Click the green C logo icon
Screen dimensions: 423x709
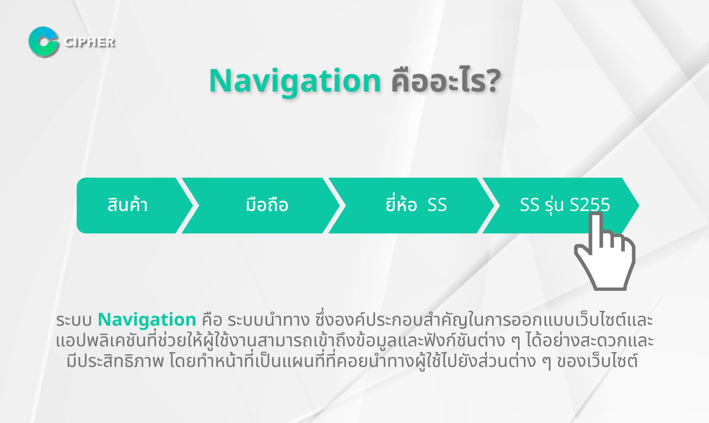point(43,42)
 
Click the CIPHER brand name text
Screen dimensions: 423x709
point(89,42)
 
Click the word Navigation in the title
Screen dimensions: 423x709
point(295,81)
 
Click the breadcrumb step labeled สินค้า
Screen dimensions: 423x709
point(128,205)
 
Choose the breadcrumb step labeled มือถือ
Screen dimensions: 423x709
point(267,205)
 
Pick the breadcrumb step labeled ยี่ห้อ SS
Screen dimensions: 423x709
point(416,205)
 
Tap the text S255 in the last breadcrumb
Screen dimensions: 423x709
point(590,205)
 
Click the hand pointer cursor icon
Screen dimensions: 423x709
point(604,254)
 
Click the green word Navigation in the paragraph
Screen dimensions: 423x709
point(147,320)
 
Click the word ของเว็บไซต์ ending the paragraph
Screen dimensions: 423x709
point(605,363)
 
